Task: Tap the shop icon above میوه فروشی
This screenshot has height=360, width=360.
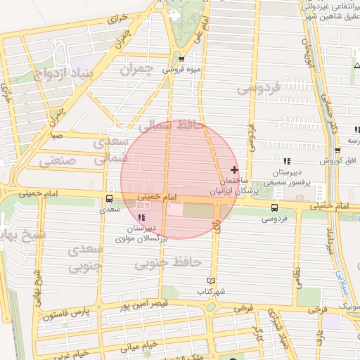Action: pyautogui.click(x=181, y=59)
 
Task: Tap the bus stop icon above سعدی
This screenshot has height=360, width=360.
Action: pyautogui.click(x=108, y=199)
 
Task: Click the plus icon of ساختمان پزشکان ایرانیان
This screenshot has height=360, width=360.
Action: pyautogui.click(x=234, y=170)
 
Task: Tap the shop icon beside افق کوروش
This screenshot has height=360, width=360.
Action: pyautogui.click(x=338, y=151)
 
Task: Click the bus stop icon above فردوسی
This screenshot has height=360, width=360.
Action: pyautogui.click(x=274, y=207)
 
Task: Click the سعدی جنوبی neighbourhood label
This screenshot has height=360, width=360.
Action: pyautogui.click(x=86, y=258)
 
